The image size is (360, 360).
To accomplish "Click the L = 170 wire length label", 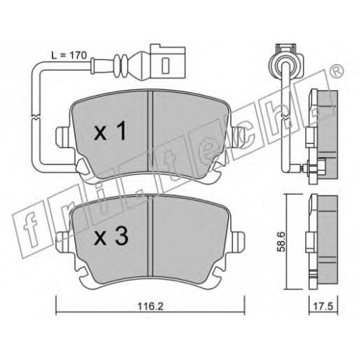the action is point(69,55).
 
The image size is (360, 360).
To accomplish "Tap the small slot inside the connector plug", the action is point(166,66).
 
